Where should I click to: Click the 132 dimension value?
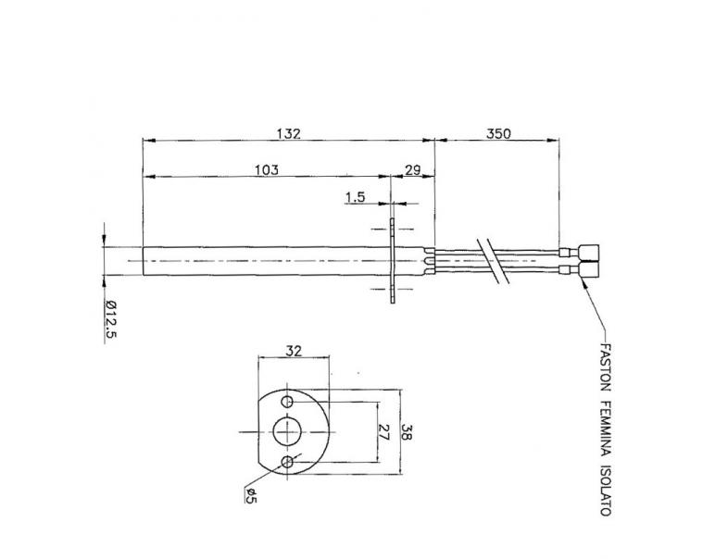[x=289, y=133]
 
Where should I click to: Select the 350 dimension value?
[x=498, y=133]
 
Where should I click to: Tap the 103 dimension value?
[x=266, y=169]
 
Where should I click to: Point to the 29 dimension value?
[x=413, y=169]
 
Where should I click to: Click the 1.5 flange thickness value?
[x=355, y=196]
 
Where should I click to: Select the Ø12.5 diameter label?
[x=109, y=320]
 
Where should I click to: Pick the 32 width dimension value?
[x=294, y=352]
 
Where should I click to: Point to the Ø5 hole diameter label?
[x=248, y=496]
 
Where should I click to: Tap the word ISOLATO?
[x=604, y=491]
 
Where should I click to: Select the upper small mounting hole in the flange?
[x=291, y=404]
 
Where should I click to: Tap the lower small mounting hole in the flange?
[x=291, y=460]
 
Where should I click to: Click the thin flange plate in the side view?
[x=393, y=261]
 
